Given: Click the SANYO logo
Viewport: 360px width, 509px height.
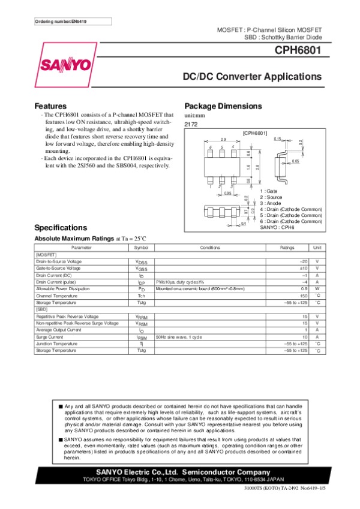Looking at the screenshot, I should coord(66,64).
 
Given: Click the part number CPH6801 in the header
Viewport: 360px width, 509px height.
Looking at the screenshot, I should coord(299,52).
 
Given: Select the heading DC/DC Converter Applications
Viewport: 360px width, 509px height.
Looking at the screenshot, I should coord(252,77).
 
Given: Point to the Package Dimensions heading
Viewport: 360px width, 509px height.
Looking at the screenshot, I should coord(223,106).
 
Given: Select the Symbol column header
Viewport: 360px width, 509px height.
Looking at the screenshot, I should coord(141,247).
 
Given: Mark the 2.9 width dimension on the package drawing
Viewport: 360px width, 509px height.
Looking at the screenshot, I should coord(223,139).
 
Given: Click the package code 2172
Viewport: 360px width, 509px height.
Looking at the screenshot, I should coord(191,124).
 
